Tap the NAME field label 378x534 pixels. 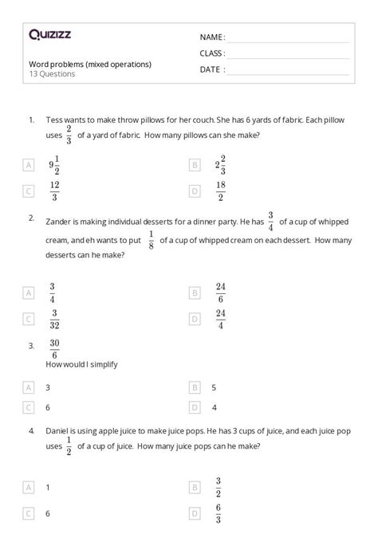click(212, 37)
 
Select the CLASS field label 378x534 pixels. click(212, 53)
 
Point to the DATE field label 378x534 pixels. click(212, 69)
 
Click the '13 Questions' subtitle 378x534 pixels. click(52, 74)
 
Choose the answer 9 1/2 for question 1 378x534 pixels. click(54, 165)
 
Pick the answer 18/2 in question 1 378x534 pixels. click(221, 190)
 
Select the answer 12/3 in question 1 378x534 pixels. click(54, 190)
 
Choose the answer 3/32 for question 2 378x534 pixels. click(53, 319)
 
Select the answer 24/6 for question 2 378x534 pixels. click(221, 293)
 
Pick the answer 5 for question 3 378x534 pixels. click(214, 387)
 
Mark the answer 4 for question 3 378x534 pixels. click(214, 407)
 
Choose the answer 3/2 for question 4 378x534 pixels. click(217, 487)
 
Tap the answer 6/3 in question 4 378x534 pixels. click(217, 514)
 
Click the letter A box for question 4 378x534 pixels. click(29, 486)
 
